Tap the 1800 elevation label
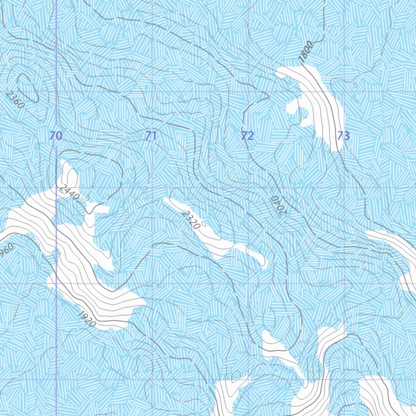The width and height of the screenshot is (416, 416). click(306, 52)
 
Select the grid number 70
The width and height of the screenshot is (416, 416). click(56, 136)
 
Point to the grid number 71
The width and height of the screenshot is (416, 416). click(151, 136)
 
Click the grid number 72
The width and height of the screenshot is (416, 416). click(247, 136)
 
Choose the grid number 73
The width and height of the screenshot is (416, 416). click(343, 136)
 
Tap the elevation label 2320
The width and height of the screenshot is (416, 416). click(191, 220)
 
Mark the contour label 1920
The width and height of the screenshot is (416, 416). click(86, 319)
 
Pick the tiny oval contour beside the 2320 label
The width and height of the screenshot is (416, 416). click(204, 223)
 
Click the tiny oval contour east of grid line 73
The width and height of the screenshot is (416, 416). click(355, 85)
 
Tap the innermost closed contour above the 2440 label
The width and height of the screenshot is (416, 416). click(72, 177)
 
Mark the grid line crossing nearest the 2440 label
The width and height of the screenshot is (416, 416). click(56, 188)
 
